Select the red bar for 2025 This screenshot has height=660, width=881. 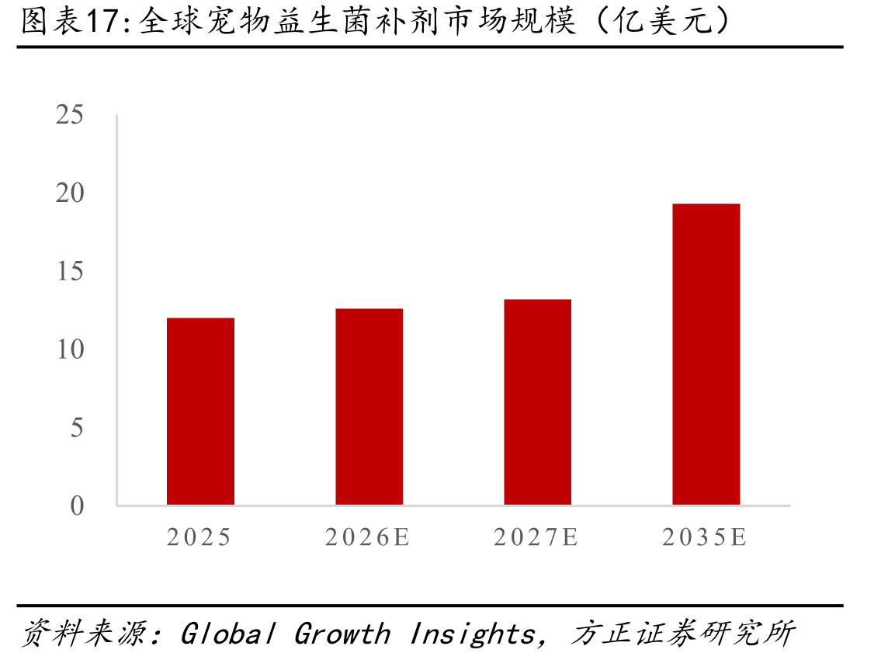pos(200,412)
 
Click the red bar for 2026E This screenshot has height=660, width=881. pos(369,406)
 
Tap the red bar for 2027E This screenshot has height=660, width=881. pos(538,402)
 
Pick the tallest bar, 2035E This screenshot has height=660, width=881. pos(706,354)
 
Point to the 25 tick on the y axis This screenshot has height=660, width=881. pos(70,115)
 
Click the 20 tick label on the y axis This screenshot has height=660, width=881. pos(70,193)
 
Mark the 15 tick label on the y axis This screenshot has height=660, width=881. pos(70,271)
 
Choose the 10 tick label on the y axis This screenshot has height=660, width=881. pos(70,349)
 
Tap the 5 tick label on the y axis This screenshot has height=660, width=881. pos(77,427)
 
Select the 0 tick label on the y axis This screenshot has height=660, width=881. pos(77,505)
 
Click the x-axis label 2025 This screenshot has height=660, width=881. pos(199,537)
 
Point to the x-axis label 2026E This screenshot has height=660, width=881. pos(367,537)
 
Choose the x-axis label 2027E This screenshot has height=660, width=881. pos(536,537)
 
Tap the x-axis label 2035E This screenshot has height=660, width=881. pos(705,537)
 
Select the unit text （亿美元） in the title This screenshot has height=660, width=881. pos(663,22)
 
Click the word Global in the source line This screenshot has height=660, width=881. pos(227,634)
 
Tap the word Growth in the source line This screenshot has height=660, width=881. pos(342,634)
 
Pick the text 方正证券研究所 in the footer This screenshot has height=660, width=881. pos(682,633)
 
